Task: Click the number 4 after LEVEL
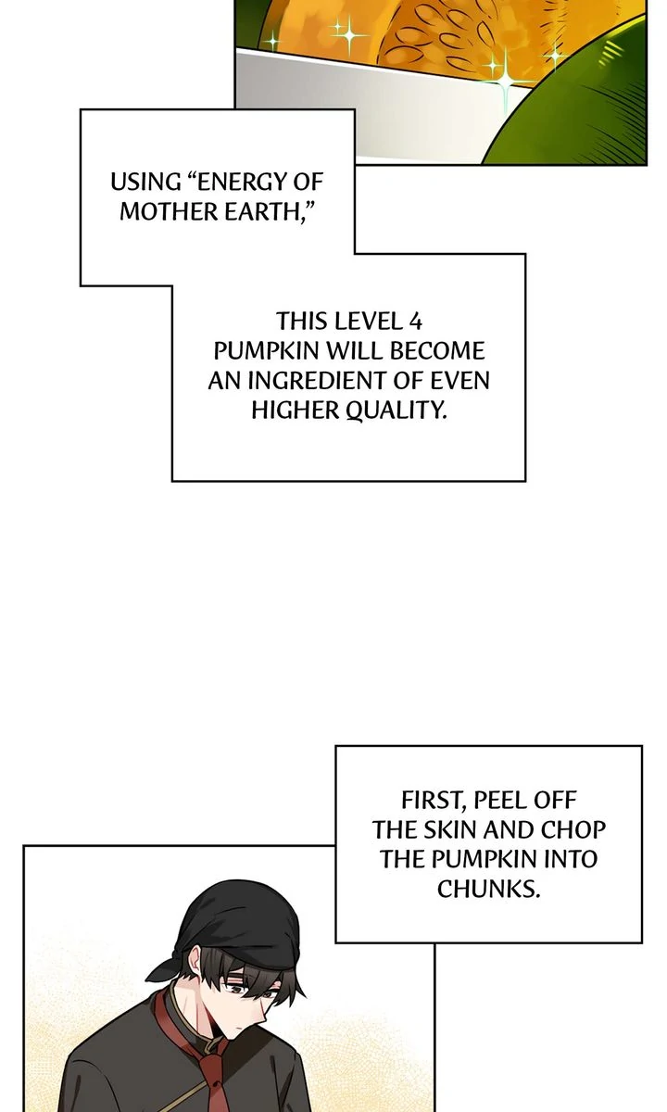click(416, 322)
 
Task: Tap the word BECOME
click(437, 351)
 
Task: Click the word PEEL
click(497, 801)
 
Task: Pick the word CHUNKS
click(488, 890)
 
